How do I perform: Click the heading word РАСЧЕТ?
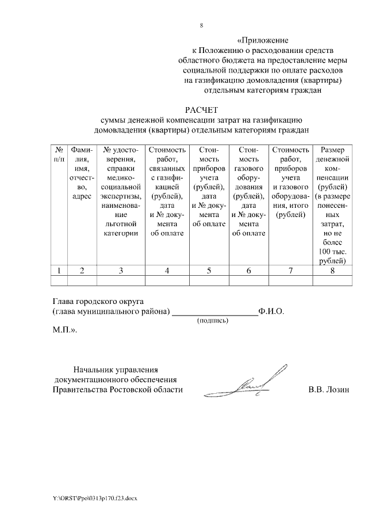pos(201,109)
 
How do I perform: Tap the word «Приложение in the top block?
pos(262,41)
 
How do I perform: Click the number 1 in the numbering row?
pos(59,270)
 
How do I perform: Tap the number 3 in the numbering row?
pos(121,270)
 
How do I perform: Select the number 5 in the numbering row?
pos(209,270)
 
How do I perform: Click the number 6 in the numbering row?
pos(248,270)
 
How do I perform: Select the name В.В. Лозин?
pos(329,390)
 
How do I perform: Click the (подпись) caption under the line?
pos(213,321)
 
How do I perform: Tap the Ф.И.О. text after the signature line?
pos(271,311)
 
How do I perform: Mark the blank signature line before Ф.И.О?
pos(216,313)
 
